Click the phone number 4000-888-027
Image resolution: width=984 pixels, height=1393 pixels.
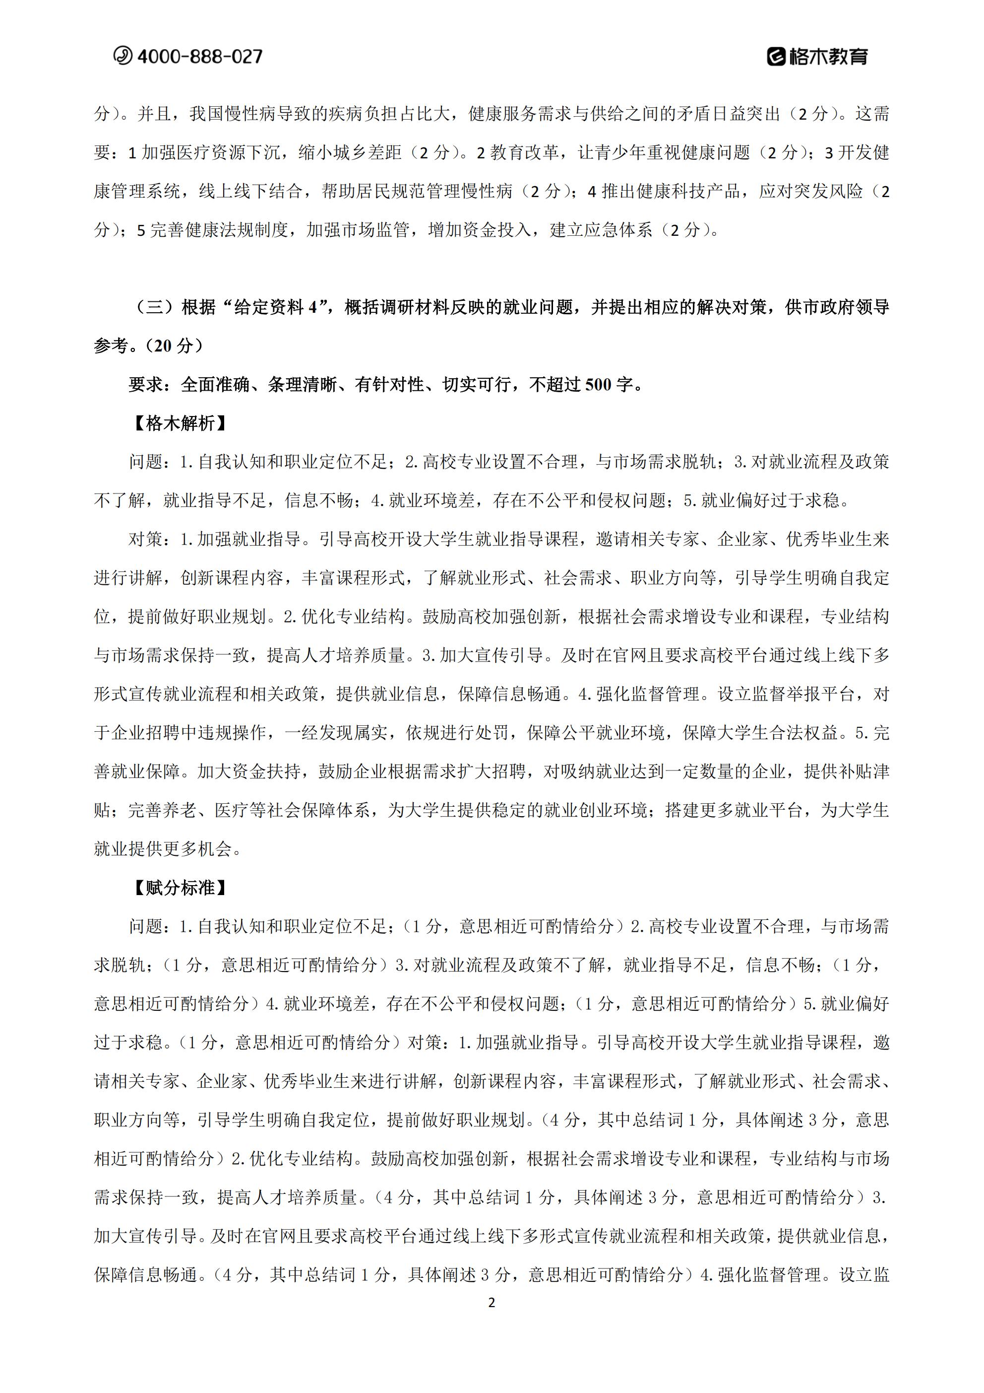(200, 57)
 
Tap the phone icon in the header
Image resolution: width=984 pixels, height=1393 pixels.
(123, 56)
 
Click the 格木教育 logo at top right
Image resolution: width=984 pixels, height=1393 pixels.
(818, 57)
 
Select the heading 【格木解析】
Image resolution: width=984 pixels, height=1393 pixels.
(180, 423)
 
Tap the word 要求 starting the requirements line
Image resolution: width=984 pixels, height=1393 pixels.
(145, 385)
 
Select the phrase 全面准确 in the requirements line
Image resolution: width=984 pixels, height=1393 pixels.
(215, 385)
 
